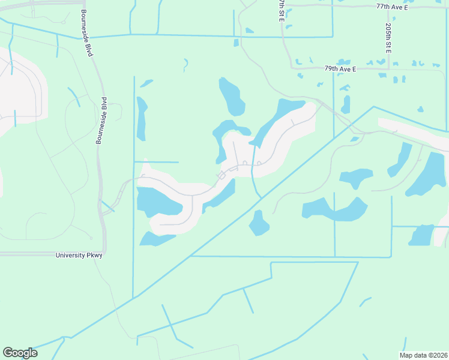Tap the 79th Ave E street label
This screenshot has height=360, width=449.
point(340,70)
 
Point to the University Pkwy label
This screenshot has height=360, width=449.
point(79,256)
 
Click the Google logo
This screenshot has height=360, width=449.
point(20,353)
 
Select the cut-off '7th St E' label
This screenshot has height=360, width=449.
point(281,11)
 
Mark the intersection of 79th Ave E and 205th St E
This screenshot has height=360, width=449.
point(389,70)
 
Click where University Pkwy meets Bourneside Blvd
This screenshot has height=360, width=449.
point(104,253)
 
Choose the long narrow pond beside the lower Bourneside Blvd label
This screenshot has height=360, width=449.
point(142,118)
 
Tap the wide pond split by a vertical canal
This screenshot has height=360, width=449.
point(334,209)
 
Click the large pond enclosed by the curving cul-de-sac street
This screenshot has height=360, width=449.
point(157,202)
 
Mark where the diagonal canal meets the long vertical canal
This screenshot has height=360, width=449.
point(134,297)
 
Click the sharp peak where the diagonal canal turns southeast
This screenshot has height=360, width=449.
point(373,107)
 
